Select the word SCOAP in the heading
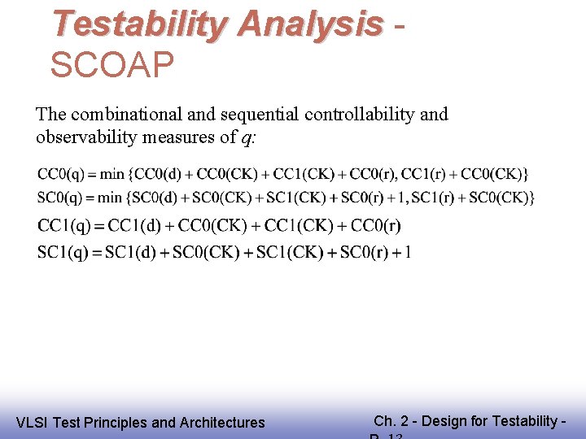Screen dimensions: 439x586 coord(112,65)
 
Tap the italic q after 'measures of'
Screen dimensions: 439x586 coord(247,138)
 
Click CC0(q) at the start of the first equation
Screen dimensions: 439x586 coord(60,174)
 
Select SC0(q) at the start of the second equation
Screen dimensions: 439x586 coord(59,198)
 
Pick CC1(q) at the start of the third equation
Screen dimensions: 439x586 coord(64,225)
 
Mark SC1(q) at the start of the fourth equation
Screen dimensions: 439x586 coord(63,252)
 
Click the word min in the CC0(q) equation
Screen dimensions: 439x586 coord(112,174)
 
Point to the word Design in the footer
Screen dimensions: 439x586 coord(444,420)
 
